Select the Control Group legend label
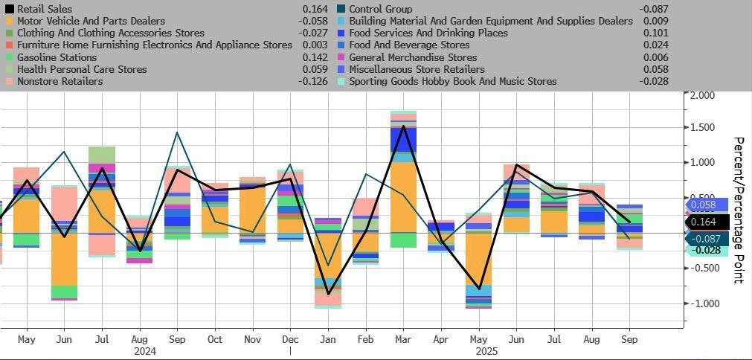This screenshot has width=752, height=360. [x=380, y=9]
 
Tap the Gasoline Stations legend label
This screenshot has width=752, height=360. [x=57, y=57]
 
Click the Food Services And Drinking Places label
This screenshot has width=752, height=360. [x=428, y=33]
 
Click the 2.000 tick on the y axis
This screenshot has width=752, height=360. [x=703, y=95]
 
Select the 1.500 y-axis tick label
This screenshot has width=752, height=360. [x=703, y=128]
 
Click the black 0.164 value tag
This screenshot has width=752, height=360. [x=703, y=222]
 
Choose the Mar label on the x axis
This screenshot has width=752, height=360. [x=403, y=339]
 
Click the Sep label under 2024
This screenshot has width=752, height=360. [x=178, y=339]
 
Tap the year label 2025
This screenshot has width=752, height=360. [x=487, y=350]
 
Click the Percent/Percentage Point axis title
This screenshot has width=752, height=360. [x=739, y=210]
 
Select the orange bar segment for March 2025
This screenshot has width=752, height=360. [x=403, y=196]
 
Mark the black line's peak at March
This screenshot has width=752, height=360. [x=403, y=126]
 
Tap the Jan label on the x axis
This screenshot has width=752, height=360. [x=327, y=339]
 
